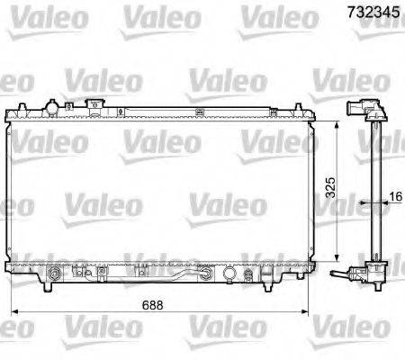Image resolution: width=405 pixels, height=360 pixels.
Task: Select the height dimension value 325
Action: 330,187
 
